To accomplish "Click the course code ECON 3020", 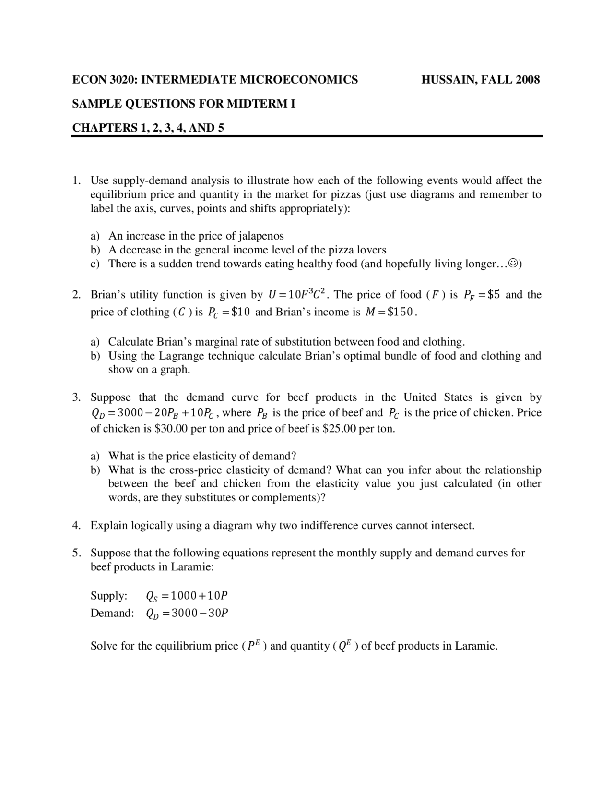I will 104,80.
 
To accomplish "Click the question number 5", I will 76,553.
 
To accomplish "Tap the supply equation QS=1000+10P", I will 187,596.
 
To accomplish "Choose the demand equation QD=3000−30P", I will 187,613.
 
